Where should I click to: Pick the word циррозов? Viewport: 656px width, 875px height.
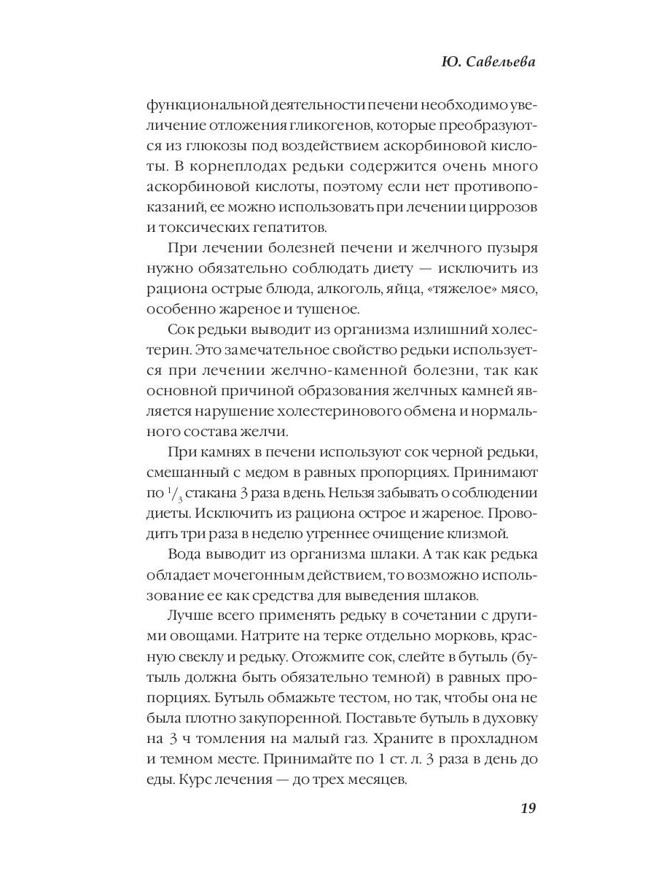pyautogui.click(x=505, y=206)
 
